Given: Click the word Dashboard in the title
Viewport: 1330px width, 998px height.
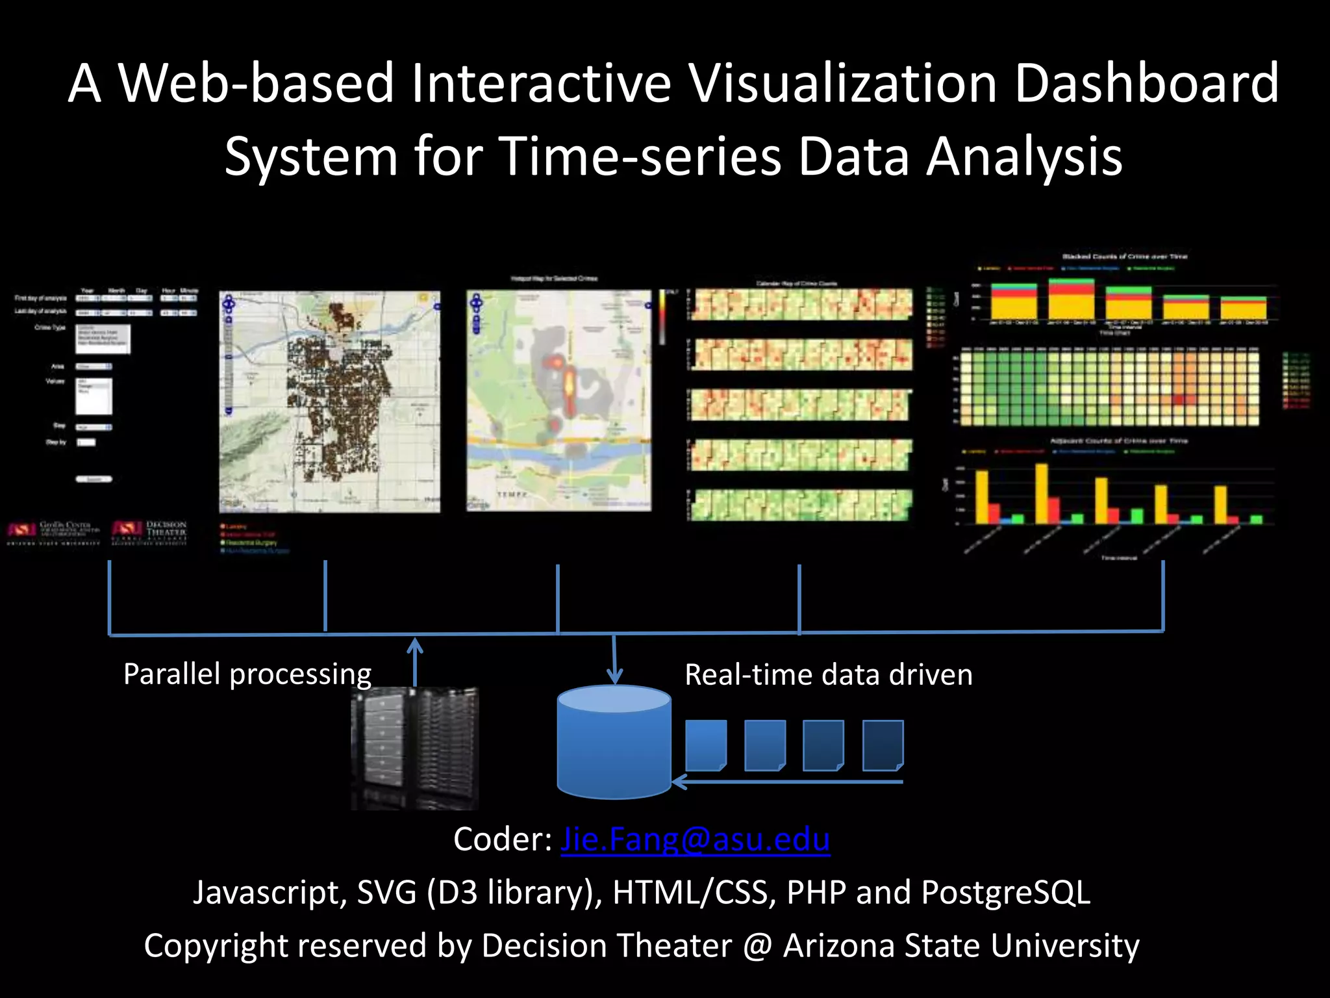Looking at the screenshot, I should (1146, 83).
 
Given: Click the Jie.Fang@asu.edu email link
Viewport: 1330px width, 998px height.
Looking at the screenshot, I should (695, 839).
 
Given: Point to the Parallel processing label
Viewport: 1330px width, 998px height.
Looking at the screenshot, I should (247, 674).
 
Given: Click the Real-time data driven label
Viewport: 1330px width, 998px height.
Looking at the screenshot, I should (828, 674).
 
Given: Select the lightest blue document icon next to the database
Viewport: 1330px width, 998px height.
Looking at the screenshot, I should (706, 745).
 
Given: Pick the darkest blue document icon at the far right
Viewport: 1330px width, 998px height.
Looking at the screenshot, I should (883, 745).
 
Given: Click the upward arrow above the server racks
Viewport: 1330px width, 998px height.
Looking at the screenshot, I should (415, 659).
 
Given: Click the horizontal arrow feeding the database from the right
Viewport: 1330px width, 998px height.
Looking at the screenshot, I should (786, 782).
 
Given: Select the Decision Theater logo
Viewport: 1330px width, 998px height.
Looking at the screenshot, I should (149, 531).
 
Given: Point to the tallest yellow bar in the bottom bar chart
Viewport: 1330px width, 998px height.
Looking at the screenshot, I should (1041, 493).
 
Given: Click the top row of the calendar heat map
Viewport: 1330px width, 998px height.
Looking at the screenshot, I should (800, 304).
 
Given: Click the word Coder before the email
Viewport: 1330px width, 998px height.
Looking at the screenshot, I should (501, 839).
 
